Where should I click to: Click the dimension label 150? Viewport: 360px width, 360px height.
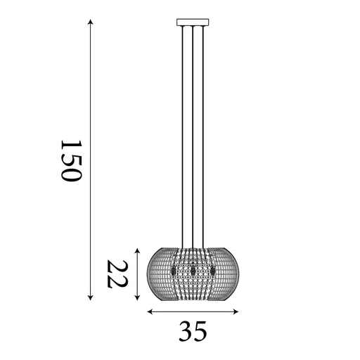tap(72, 160)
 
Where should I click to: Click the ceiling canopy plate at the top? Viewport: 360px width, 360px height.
tap(193, 21)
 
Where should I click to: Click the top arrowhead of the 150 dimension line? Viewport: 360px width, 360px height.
tap(91, 22)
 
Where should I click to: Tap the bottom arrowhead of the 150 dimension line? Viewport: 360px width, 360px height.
tap(91, 297)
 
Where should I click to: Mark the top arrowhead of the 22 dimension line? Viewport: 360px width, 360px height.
tap(138, 247)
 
